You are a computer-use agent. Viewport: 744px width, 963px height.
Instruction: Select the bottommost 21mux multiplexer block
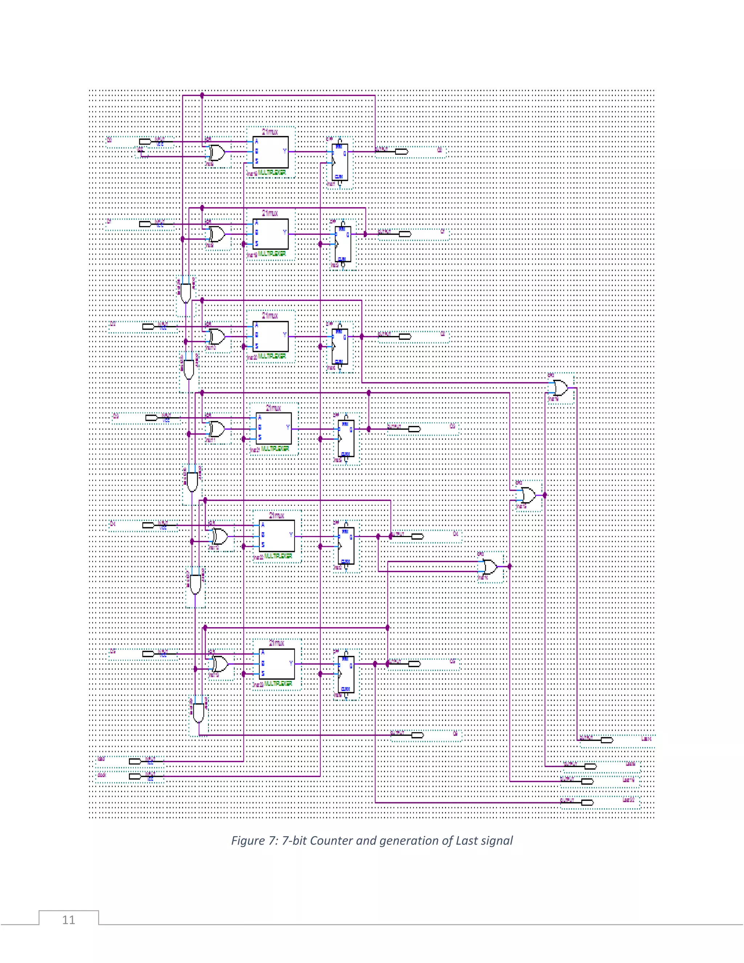[x=277, y=664]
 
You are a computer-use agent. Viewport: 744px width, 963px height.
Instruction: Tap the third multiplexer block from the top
[x=271, y=337]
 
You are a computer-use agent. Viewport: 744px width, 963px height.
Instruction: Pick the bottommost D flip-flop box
[x=346, y=674]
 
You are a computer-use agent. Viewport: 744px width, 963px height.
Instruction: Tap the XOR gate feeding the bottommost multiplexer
[x=220, y=664]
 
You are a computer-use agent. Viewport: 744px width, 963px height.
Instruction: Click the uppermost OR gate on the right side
[x=560, y=388]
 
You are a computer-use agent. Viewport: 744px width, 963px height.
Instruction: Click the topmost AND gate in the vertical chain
[x=186, y=293]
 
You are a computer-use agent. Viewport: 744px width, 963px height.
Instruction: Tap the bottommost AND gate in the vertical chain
[x=199, y=713]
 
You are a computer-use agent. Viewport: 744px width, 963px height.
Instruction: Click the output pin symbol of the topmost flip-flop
[x=401, y=152]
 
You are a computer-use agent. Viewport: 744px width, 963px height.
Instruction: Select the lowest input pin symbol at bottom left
[x=135, y=776]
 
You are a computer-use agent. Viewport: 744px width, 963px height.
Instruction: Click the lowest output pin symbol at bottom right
[x=587, y=802]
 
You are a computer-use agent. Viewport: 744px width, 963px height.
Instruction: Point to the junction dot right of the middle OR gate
[x=545, y=495]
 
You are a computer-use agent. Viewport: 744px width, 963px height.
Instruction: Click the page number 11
[x=68, y=920]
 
